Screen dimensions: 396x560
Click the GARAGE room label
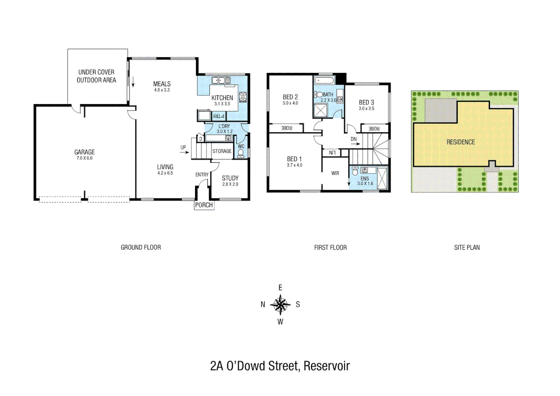[84, 152]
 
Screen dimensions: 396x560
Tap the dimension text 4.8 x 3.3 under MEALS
[162, 90]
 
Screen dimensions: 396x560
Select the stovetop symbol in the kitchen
[243, 97]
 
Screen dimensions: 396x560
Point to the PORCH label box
[204, 205]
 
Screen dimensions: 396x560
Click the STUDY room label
[230, 178]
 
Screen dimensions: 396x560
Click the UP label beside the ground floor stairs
[183, 147]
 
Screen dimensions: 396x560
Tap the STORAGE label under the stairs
[222, 151]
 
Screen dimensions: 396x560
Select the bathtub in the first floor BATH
[324, 80]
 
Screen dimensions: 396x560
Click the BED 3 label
[366, 103]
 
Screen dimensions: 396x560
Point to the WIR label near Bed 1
[335, 173]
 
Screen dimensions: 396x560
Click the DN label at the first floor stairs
[353, 139]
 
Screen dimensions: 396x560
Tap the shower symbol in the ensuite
[382, 178]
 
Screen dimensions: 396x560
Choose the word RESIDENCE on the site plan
[460, 142]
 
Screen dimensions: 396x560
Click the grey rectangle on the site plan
[441, 110]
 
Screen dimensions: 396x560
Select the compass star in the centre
[280, 304]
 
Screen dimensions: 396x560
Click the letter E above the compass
[280, 287]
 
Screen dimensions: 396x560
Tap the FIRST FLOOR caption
[330, 247]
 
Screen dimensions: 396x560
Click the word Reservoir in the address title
[327, 366]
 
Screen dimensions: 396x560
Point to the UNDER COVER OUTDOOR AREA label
[96, 76]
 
